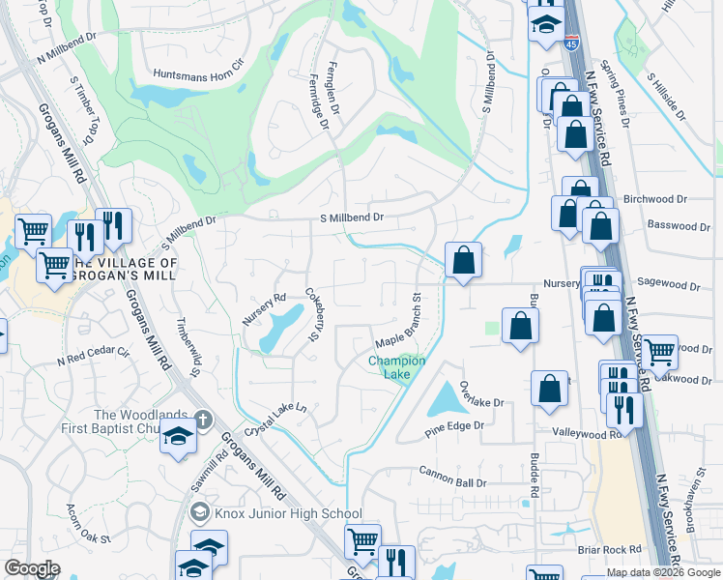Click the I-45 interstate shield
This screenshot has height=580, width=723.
tap(572, 43)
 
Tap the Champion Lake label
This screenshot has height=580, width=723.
tap(396, 367)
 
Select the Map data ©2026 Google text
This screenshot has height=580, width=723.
tap(662, 572)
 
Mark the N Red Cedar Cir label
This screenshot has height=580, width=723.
tap(93, 355)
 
